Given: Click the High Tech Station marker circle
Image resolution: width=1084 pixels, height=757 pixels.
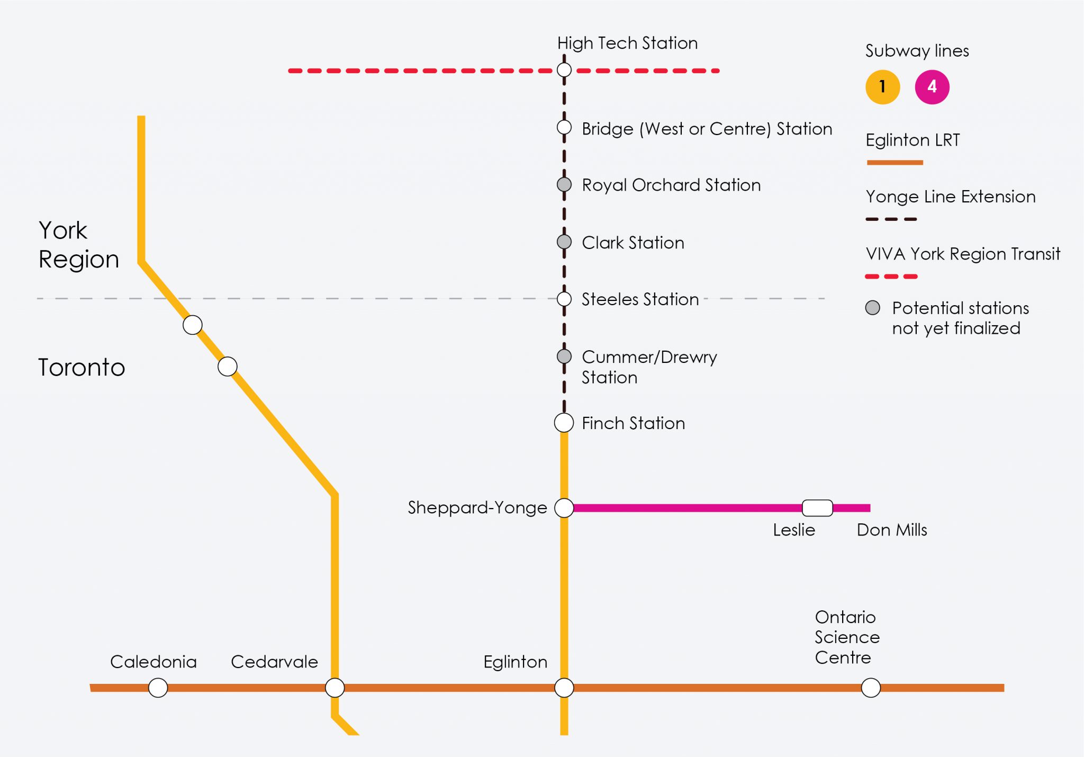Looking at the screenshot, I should click(564, 70).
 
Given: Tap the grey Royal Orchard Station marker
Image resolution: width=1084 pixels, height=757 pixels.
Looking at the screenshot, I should click(564, 184).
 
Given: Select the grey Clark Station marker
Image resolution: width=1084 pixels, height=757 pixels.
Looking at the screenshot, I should click(564, 242).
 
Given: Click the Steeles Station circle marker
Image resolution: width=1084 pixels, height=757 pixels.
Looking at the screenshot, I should click(564, 299).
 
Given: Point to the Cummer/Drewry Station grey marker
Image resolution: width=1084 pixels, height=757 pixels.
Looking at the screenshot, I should click(564, 357).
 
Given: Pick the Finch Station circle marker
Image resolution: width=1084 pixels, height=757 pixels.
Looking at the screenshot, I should click(564, 423).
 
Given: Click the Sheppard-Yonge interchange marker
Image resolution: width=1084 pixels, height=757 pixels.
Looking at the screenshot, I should click(564, 507).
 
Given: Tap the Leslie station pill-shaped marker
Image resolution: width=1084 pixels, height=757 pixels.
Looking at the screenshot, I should click(817, 507).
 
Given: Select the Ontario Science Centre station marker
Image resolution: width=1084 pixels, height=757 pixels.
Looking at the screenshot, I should click(871, 688).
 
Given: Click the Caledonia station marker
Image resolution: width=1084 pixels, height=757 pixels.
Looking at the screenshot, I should click(158, 688).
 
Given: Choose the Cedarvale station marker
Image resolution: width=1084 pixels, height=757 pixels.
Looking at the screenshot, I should click(335, 688).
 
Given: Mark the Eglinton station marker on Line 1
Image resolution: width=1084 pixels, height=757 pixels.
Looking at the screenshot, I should click(564, 688).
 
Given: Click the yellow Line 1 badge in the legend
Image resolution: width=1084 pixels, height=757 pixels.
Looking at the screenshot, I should click(882, 87).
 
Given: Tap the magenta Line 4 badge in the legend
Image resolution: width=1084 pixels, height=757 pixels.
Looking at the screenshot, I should click(932, 87).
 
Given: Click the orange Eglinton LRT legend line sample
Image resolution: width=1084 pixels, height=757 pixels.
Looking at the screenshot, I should click(895, 163).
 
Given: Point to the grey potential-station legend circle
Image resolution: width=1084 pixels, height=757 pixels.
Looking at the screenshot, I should click(873, 308).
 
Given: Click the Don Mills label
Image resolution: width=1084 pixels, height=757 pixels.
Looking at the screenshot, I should click(892, 530).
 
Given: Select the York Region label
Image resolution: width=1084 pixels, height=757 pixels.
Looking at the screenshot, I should click(78, 245).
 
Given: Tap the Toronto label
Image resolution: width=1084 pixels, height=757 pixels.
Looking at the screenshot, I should click(82, 367).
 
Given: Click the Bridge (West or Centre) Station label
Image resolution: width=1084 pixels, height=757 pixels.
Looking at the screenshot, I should click(707, 129).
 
